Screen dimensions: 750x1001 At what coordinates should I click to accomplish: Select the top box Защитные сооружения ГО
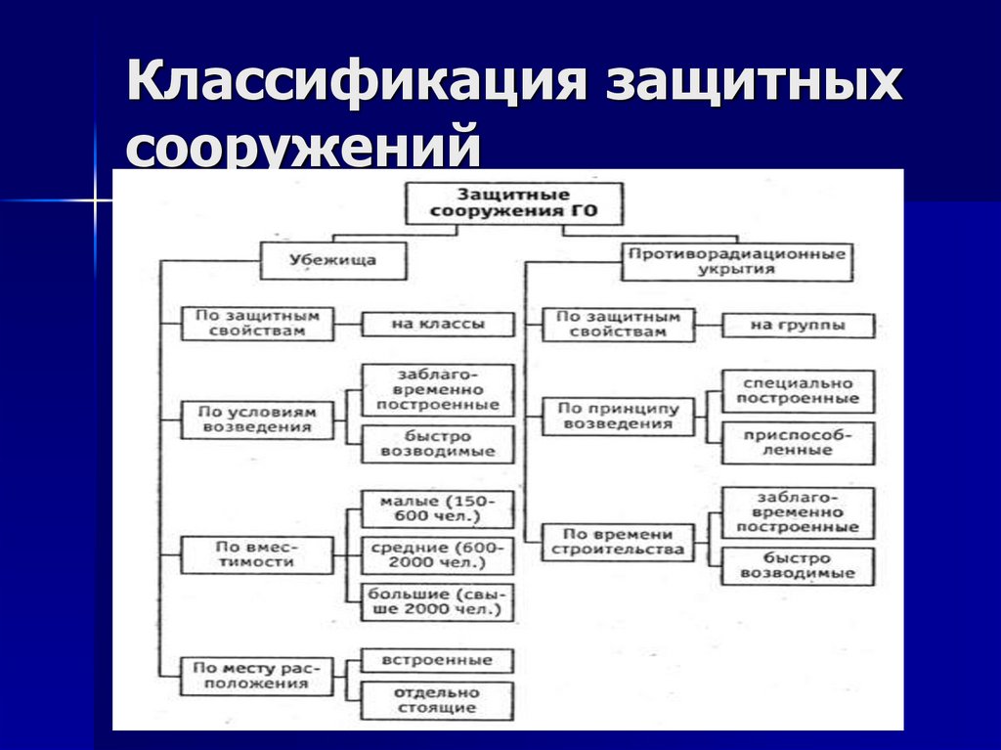[513, 202]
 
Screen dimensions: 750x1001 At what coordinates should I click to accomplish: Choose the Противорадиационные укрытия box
[736, 261]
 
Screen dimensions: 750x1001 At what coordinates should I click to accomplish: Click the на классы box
[437, 324]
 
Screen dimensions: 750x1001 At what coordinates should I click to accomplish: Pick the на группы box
[798, 325]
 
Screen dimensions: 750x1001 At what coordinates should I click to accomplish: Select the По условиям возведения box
[256, 419]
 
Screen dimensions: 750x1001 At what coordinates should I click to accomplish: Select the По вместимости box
[256, 555]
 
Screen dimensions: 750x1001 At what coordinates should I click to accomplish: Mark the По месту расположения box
[256, 676]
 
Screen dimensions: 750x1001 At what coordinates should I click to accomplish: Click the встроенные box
[437, 661]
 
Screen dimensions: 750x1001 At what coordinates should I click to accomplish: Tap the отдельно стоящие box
[437, 700]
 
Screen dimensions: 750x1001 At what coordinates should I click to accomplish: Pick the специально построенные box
[798, 391]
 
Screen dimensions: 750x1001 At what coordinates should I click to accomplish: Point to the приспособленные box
[798, 443]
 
